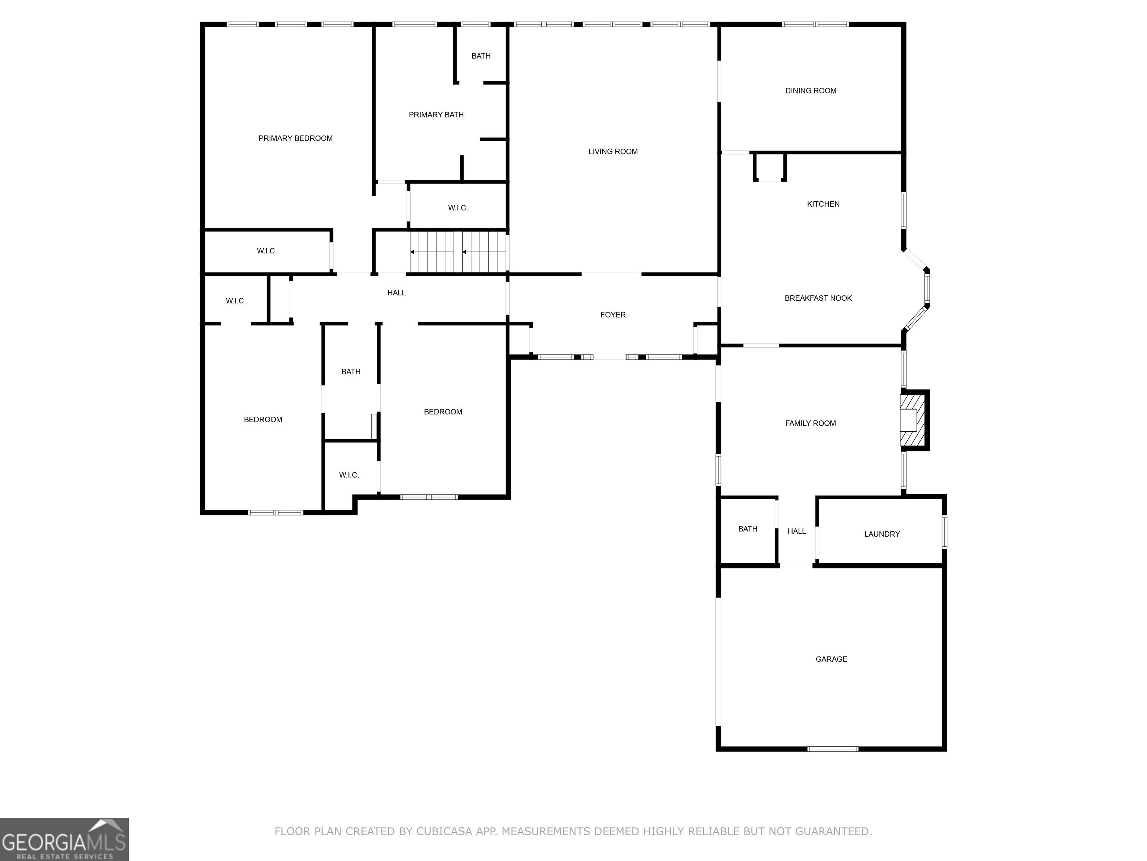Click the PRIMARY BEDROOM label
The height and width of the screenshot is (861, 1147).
296,138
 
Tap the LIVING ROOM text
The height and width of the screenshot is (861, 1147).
613,152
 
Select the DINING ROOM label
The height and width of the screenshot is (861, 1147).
811,91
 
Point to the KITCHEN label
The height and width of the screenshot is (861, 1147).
823,204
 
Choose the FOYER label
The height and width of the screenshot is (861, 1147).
613,315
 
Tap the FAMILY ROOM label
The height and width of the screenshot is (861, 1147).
811,423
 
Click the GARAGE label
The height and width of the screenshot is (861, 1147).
831,659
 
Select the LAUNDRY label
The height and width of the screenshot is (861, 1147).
882,534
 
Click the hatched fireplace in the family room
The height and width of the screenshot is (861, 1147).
914,420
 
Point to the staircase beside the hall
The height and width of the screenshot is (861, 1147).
458,252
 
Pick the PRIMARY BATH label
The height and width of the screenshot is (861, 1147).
436,115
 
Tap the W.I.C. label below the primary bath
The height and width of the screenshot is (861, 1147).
458,208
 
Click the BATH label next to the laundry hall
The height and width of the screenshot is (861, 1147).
748,529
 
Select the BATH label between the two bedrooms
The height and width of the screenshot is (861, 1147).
351,371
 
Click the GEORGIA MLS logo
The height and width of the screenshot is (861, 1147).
64,839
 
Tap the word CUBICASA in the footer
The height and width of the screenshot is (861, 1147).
444,831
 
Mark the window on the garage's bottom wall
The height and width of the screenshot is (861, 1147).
833,749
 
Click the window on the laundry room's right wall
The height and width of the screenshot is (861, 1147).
944,532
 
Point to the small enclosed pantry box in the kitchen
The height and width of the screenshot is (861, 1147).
770,167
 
